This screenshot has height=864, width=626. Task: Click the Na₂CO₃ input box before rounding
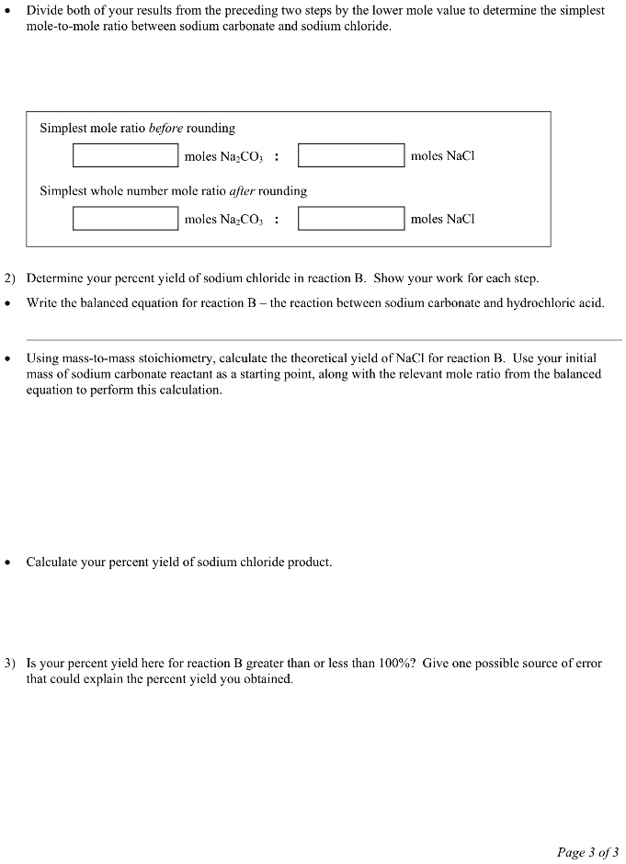tap(126, 156)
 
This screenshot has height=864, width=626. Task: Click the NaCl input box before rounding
tap(351, 156)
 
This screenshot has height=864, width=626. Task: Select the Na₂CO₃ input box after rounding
tap(126, 219)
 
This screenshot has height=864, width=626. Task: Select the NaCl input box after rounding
tap(351, 219)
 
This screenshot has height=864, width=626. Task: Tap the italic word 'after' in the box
tap(240, 191)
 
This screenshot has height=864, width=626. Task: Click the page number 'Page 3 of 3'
tap(587, 852)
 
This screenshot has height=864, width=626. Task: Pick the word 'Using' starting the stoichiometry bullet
tap(42, 358)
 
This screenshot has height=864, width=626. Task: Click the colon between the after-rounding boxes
tap(277, 220)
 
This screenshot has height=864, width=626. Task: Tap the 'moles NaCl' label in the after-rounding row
tap(442, 219)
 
